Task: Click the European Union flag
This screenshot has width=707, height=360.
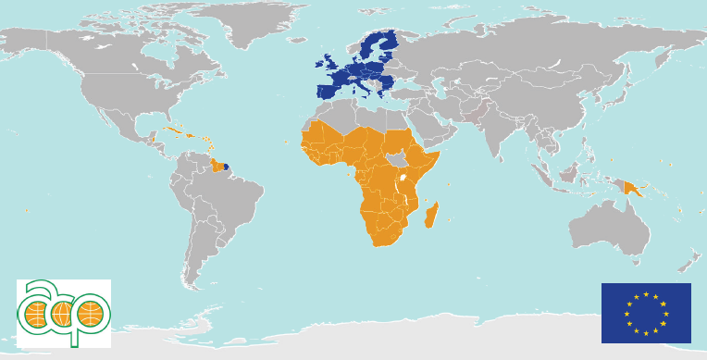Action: (645, 313)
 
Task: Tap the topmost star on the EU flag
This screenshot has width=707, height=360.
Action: (646, 294)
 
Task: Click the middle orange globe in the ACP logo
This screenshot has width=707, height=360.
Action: (62, 315)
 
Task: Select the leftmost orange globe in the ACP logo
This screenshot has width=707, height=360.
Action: (35, 316)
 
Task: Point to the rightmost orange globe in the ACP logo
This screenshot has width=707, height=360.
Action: (90, 315)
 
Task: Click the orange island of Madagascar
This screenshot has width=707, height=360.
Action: (430, 217)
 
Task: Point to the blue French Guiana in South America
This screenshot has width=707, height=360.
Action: (226, 168)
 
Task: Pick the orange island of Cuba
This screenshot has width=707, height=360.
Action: (175, 132)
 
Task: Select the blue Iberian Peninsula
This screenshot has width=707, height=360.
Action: (329, 92)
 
